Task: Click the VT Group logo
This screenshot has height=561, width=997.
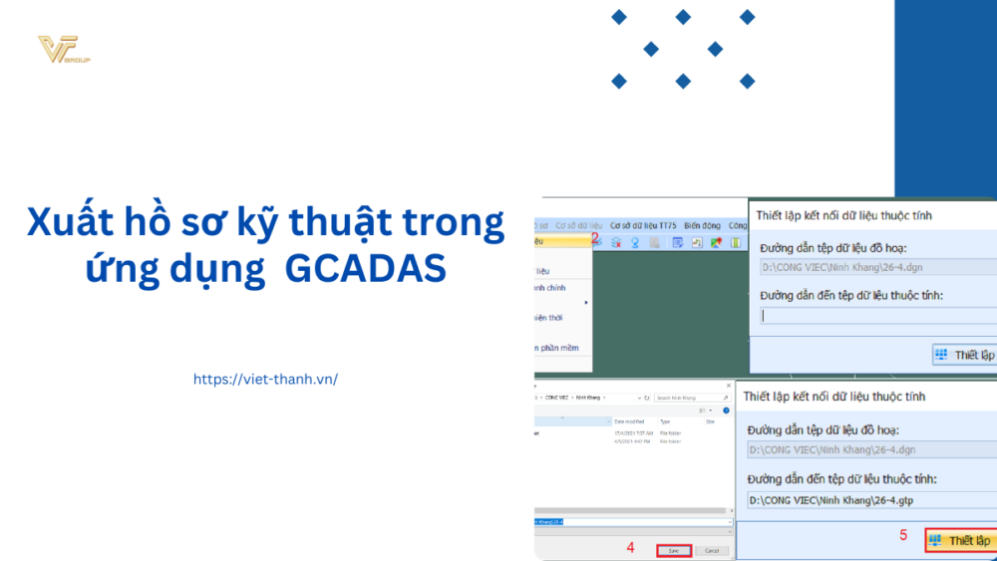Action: tap(63, 49)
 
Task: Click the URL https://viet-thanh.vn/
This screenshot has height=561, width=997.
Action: tap(265, 379)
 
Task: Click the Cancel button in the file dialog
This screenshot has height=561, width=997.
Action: tap(711, 550)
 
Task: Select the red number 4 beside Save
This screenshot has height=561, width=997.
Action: tap(630, 547)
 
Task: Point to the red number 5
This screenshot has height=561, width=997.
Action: tap(903, 535)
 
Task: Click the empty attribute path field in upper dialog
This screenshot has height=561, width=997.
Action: tap(877, 316)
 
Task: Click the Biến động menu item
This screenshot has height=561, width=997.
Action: tap(702, 226)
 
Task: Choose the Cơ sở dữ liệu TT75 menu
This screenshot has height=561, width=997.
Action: tap(643, 226)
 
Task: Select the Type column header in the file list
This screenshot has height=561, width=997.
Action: tap(665, 422)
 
